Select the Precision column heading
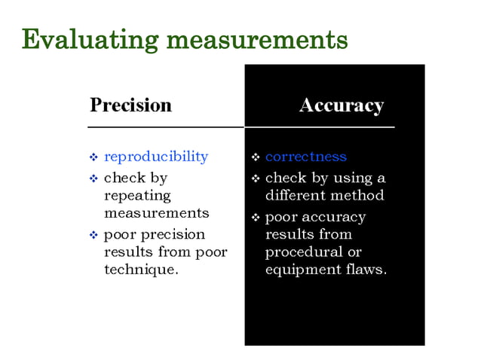point(130,105)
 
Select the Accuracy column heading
point(341,105)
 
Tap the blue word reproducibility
point(155,157)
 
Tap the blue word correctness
point(305,157)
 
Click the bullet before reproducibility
point(93,157)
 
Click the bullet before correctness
point(256,157)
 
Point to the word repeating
point(137,196)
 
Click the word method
point(358,196)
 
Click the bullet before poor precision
point(93,235)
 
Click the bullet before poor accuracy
point(256,218)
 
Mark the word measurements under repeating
point(156,213)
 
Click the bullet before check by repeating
point(93,178)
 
